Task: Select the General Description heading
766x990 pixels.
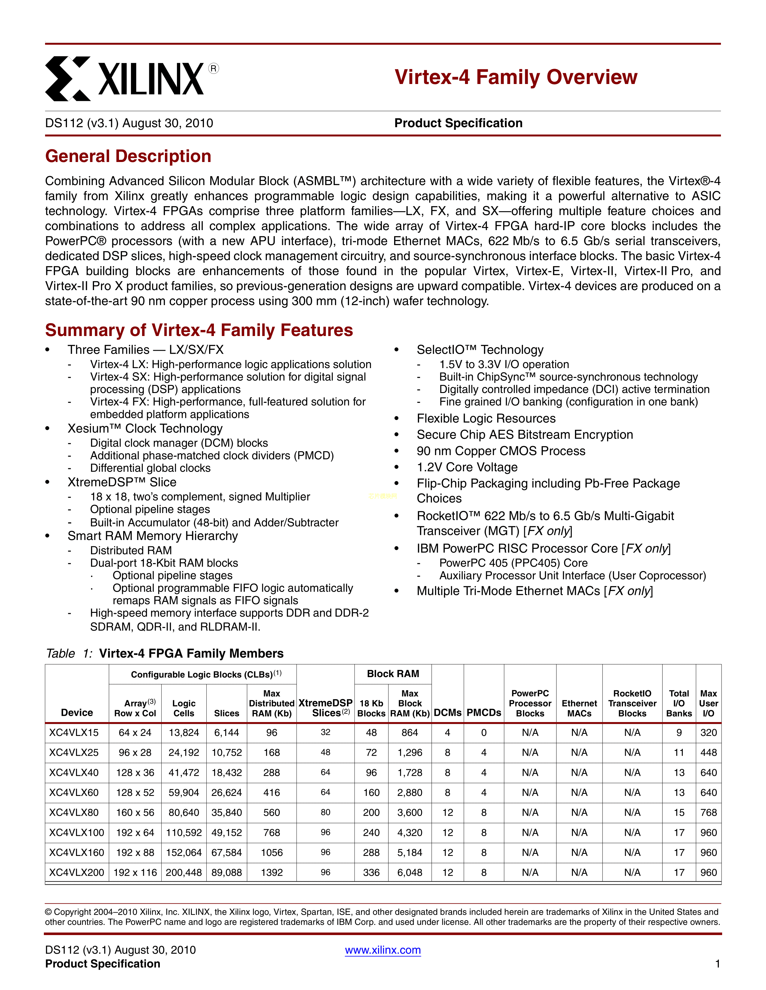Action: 128,156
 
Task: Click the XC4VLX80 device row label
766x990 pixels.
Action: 74,812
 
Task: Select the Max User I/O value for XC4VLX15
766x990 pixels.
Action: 708,733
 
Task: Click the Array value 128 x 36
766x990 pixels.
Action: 135,772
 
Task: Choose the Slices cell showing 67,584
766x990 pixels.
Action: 226,852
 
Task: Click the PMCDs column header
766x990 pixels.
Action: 484,712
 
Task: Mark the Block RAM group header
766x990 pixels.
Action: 393,674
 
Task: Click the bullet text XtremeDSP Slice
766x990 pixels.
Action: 122,482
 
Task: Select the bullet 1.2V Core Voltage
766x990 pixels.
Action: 467,467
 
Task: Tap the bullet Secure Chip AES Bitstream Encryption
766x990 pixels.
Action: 524,435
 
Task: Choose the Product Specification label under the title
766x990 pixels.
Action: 458,123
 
